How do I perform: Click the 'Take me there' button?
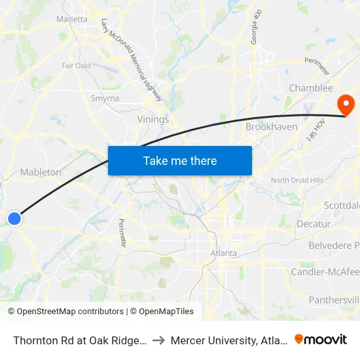click(x=180, y=160)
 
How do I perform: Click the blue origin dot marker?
click(x=14, y=219)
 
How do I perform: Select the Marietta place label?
click(x=72, y=19)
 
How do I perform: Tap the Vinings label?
click(x=153, y=120)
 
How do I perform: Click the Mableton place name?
click(x=41, y=172)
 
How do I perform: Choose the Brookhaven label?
click(x=272, y=126)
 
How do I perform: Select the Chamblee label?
click(x=311, y=88)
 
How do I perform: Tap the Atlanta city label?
click(x=223, y=253)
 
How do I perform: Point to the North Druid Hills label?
click(x=297, y=181)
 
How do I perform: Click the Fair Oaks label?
click(x=77, y=65)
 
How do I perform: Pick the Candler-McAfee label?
click(x=325, y=272)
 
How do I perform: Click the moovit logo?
click(x=320, y=339)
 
